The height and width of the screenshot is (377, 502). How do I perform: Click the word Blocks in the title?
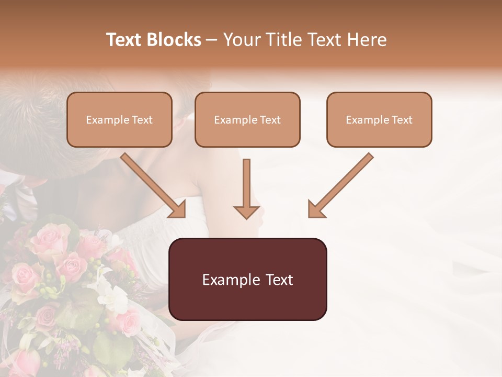pos(174,40)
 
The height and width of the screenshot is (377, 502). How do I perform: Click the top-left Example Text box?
pos(119,120)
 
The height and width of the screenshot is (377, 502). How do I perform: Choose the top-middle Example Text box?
pos(247,120)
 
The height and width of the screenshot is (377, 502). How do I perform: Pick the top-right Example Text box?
pos(379,120)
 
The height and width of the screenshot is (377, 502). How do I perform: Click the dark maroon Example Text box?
pos(247,280)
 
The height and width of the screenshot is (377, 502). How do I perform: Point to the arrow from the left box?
pos(152,184)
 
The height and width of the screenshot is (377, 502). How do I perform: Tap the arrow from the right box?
pos(342,184)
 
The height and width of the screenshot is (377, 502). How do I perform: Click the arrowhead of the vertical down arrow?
pos(246,212)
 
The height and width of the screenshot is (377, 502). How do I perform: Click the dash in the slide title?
pos(212,40)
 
